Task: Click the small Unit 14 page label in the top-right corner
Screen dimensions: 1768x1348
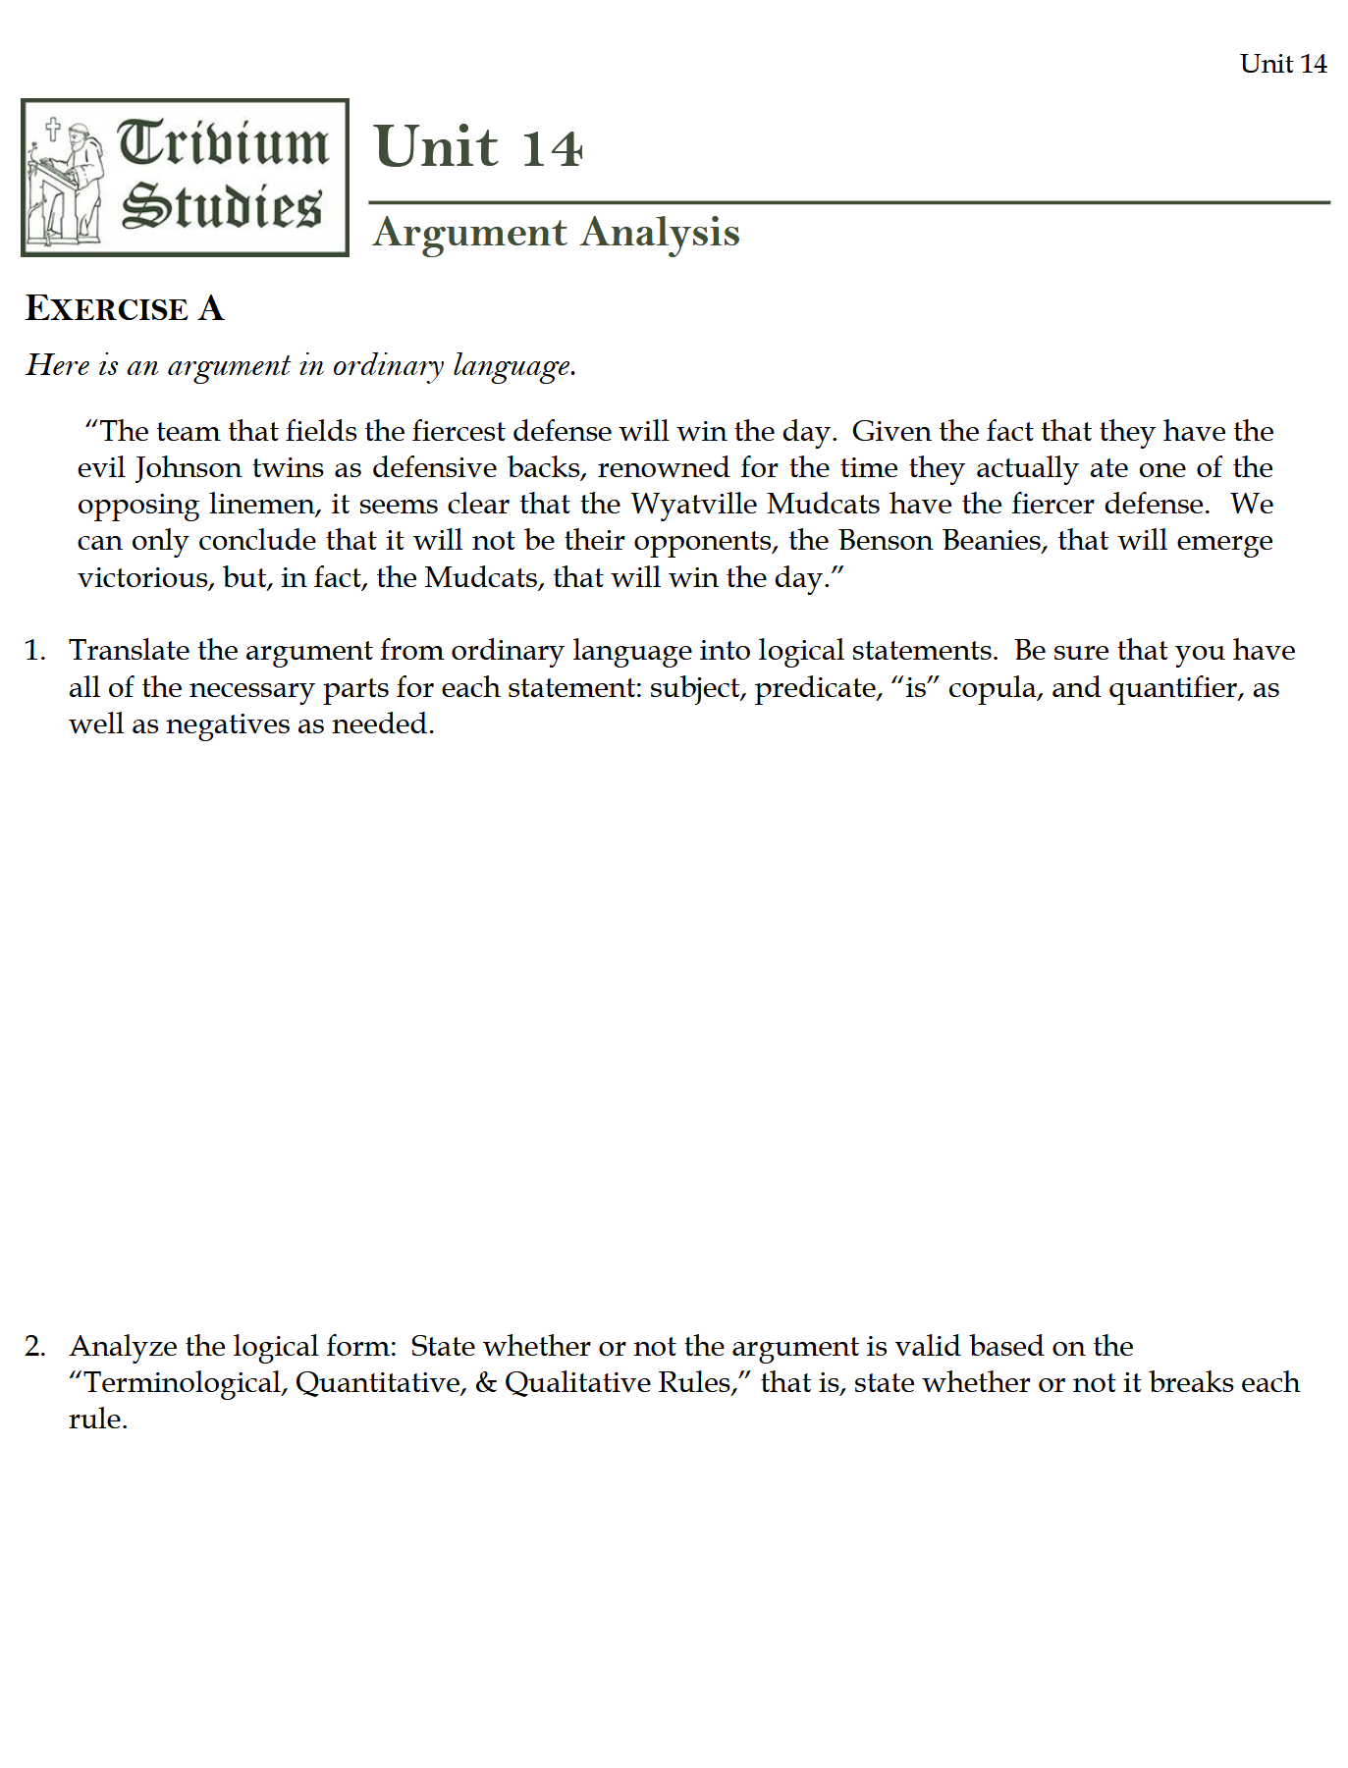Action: pos(1282,64)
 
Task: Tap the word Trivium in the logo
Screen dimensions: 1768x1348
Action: pos(223,143)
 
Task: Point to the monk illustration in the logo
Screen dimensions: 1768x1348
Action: pos(69,182)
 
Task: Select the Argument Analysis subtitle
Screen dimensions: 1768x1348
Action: pos(556,233)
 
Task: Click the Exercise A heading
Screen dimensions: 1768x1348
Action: pos(125,308)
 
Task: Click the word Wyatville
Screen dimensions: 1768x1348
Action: pos(693,504)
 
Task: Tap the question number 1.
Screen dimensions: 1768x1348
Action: pos(34,651)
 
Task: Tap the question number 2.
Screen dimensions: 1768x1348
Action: pos(34,1346)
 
